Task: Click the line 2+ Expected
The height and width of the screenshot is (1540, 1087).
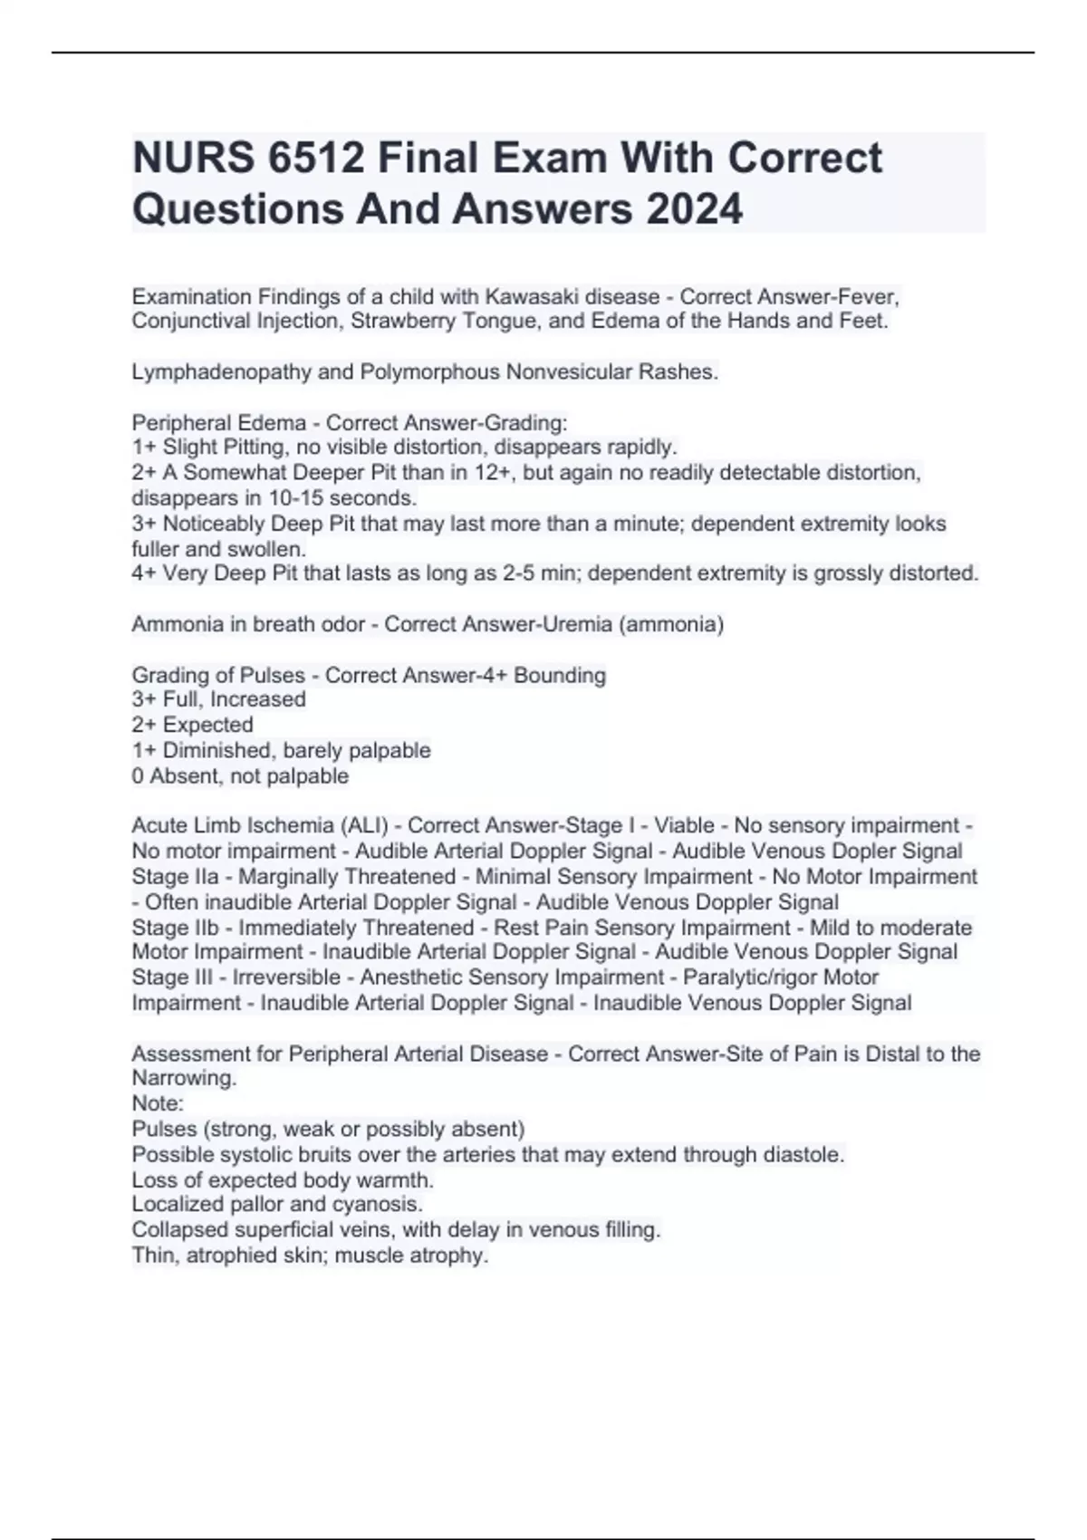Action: tap(192, 725)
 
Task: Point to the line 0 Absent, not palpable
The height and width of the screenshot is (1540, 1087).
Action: tap(240, 776)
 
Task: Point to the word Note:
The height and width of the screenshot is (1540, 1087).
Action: tap(158, 1103)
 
